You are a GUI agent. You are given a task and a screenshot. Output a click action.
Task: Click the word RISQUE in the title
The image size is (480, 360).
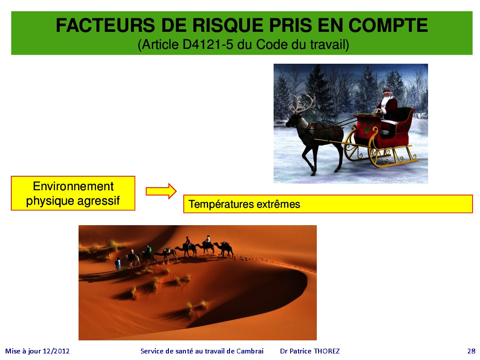[x=227, y=25]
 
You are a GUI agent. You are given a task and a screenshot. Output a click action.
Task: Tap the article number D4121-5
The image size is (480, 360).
[x=208, y=45]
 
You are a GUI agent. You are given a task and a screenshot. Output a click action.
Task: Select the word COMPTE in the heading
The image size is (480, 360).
[x=388, y=25]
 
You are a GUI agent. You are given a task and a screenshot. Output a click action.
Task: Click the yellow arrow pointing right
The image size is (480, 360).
[x=161, y=191]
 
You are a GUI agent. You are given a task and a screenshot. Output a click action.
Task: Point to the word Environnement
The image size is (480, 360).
[x=73, y=186]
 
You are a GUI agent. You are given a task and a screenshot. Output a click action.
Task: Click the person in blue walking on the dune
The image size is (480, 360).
[x=118, y=264]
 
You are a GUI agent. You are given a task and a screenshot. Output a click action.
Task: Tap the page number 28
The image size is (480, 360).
[x=471, y=351]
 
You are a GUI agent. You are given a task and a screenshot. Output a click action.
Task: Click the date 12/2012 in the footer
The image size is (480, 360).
[x=56, y=351]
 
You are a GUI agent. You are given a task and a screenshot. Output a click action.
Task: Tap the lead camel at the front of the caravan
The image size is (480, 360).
[x=224, y=248]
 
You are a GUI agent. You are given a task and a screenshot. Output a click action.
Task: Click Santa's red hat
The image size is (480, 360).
[x=387, y=91]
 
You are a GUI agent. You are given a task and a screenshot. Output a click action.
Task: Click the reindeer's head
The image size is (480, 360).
[x=293, y=120]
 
